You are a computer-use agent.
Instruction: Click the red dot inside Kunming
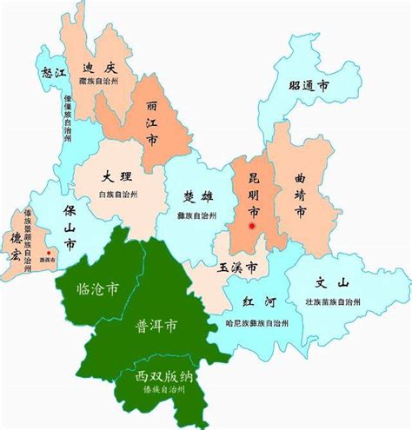click(252, 227)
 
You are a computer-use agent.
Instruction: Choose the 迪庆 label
click(96, 69)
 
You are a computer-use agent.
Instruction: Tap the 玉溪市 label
click(236, 266)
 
